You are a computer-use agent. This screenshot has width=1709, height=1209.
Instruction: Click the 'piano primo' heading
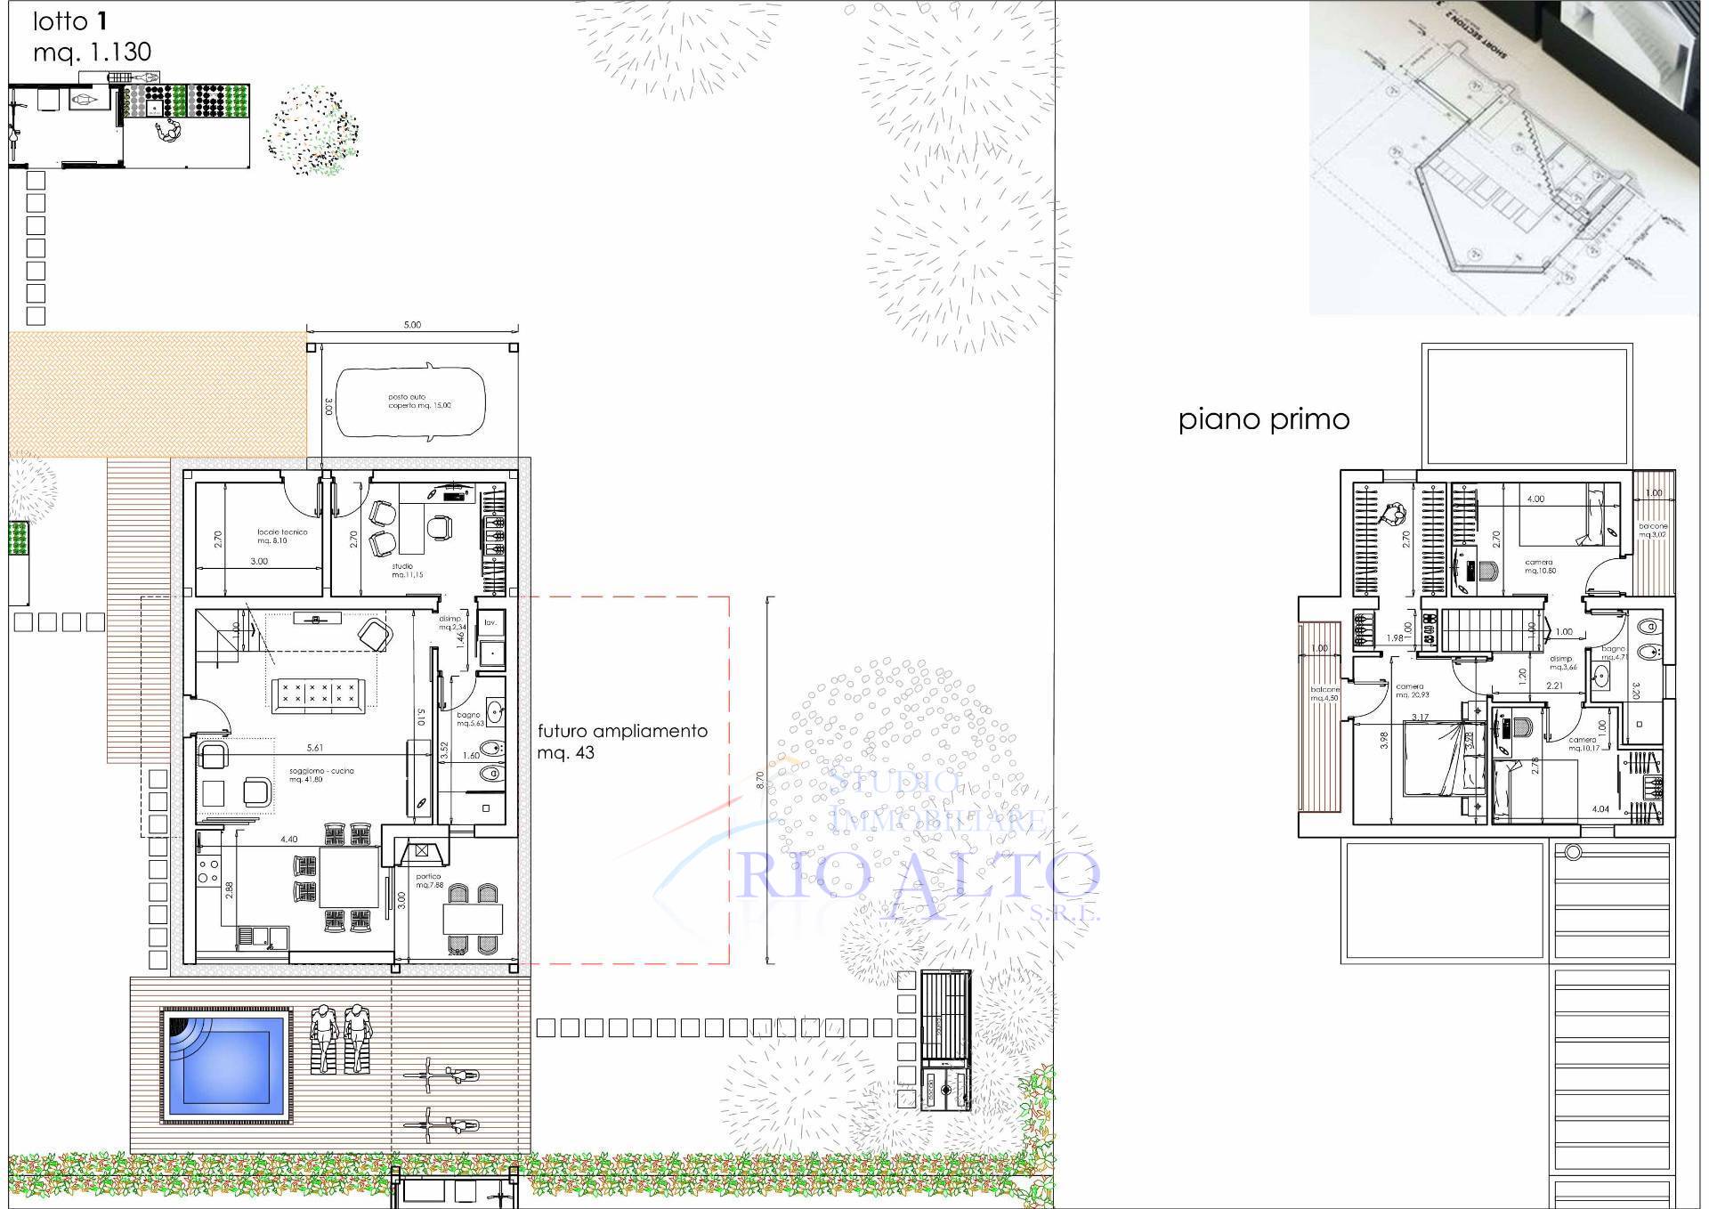click(x=1263, y=419)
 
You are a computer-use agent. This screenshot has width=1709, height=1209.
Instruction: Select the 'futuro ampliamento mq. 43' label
click(x=622, y=741)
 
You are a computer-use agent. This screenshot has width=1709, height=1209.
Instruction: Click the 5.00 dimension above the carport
click(x=412, y=325)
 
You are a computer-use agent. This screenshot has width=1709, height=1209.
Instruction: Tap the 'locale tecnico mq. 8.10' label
click(x=282, y=536)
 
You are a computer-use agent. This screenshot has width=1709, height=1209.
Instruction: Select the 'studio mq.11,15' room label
click(x=407, y=571)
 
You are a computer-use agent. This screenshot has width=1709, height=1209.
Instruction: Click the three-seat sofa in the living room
click(x=318, y=693)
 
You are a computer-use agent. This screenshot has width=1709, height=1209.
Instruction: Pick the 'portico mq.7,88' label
click(x=430, y=880)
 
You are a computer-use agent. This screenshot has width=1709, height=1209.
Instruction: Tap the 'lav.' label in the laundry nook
click(x=490, y=622)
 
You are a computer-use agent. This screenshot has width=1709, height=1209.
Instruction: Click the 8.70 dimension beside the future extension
click(x=759, y=780)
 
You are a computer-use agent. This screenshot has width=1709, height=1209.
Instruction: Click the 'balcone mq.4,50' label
click(x=1324, y=694)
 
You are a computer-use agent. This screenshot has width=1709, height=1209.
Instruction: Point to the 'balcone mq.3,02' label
click(x=1653, y=530)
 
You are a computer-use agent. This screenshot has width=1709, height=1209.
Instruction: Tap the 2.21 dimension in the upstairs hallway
click(x=1554, y=686)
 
